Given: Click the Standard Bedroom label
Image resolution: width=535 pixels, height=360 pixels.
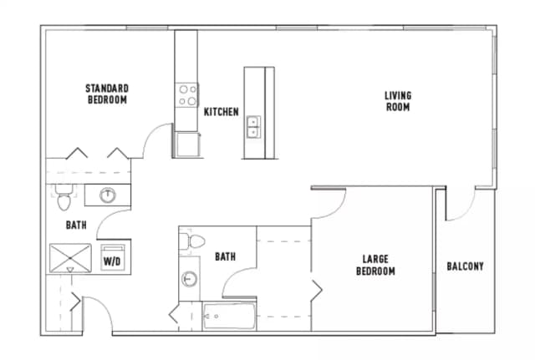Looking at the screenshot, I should [x=106, y=94].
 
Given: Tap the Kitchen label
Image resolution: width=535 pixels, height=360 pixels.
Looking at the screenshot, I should [x=222, y=112].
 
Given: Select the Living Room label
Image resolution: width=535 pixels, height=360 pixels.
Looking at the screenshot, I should [x=397, y=101].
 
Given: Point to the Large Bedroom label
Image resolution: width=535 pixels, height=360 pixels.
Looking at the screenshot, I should [x=375, y=266].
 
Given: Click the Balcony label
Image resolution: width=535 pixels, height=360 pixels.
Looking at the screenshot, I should [x=464, y=266].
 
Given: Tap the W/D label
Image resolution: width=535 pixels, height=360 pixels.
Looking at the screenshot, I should [x=111, y=261].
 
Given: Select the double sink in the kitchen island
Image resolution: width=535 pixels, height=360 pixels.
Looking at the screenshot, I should [x=252, y=126].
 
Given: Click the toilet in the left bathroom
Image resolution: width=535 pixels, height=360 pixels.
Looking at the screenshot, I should [x=63, y=200].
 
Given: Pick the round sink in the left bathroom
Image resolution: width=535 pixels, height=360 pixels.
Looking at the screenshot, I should [x=107, y=195].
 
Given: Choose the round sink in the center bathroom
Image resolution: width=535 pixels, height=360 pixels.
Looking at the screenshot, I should [x=190, y=279].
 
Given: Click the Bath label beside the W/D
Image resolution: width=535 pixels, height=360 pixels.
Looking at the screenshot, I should [x=76, y=225].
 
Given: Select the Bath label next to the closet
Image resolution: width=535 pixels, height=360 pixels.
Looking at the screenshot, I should [x=224, y=257].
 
